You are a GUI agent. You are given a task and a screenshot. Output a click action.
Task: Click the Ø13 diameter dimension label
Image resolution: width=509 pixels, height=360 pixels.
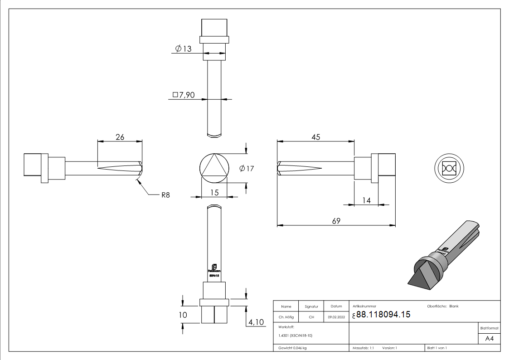(x=184, y=49)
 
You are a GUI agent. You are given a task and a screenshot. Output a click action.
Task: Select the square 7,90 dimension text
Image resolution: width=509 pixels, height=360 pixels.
(x=184, y=95)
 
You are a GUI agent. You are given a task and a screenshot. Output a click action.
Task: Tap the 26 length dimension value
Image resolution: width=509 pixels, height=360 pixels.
(x=120, y=137)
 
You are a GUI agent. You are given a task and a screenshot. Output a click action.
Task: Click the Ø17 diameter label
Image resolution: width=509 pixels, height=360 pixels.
(x=247, y=169)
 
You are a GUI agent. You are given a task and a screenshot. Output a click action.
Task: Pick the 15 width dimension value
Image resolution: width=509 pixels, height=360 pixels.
(x=214, y=193)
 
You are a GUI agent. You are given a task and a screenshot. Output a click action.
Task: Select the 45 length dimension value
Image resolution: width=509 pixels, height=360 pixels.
(x=316, y=137)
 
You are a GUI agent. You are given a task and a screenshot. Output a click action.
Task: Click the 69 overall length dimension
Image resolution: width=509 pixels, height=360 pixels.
(x=336, y=221)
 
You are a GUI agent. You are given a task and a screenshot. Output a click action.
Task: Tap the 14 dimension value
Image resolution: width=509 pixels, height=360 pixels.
(x=366, y=200)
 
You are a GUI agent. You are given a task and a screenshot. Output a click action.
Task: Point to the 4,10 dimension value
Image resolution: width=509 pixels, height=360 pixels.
(x=256, y=322)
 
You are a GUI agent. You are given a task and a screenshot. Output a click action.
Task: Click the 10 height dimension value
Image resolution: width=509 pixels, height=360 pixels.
(x=183, y=315)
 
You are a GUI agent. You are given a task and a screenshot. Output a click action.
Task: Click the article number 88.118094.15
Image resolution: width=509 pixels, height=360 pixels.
(x=383, y=315)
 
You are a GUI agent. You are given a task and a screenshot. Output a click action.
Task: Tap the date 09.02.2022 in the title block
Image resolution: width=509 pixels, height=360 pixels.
(x=336, y=317)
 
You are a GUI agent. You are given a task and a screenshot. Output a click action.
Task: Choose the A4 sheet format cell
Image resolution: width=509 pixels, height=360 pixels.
(x=489, y=338)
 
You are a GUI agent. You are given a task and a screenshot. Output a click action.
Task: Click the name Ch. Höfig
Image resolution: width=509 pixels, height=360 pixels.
(x=286, y=317)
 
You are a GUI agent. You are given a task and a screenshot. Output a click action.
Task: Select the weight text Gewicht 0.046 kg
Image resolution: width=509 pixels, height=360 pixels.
(x=292, y=348)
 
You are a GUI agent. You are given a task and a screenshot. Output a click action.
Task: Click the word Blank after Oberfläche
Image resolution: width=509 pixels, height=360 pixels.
(x=454, y=306)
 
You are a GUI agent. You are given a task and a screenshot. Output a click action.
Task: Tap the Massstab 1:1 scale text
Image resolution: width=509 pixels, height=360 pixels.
(x=363, y=348)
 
